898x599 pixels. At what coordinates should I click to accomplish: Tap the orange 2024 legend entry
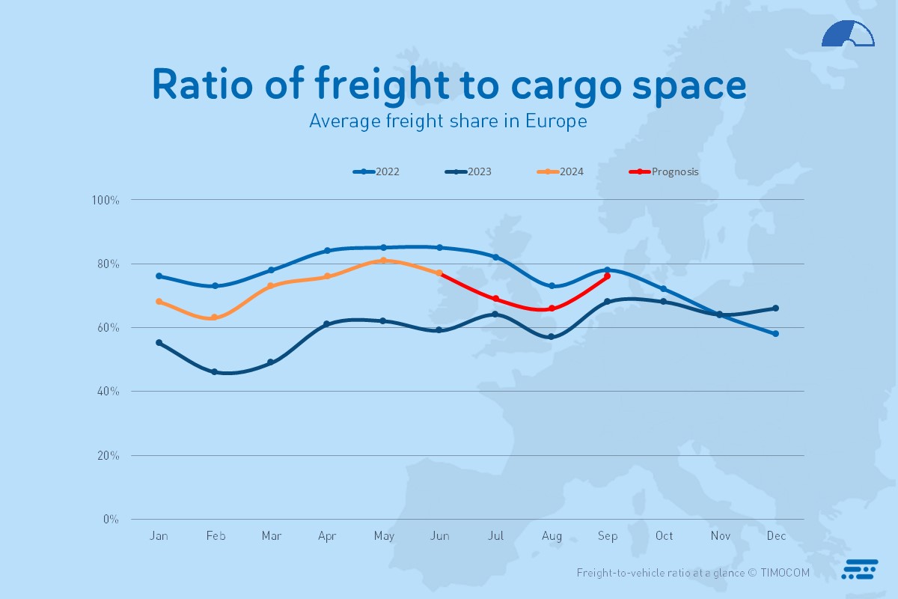click(x=561, y=171)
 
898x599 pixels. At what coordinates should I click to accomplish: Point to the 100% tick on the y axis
click(x=106, y=200)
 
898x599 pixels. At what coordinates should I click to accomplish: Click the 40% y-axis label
click(x=108, y=392)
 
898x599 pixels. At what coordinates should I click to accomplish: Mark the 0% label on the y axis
click(x=110, y=519)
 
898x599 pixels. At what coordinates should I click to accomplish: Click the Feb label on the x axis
click(x=216, y=536)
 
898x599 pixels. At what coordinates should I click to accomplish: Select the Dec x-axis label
click(x=776, y=536)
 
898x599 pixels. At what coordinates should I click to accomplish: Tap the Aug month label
click(x=552, y=536)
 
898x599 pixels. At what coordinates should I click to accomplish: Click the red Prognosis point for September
click(x=607, y=276)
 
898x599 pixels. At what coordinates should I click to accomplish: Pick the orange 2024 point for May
click(x=383, y=261)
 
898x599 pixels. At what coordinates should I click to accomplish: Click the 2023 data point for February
click(x=215, y=371)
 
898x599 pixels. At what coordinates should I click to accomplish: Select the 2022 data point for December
click(x=776, y=334)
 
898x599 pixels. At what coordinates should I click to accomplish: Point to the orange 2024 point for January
click(x=159, y=302)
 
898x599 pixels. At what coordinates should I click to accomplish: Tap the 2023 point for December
click(x=776, y=308)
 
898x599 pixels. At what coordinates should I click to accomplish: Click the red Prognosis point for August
click(x=552, y=308)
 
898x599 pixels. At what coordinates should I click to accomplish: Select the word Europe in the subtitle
click(x=555, y=121)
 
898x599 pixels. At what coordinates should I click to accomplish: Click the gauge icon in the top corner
click(x=848, y=34)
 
